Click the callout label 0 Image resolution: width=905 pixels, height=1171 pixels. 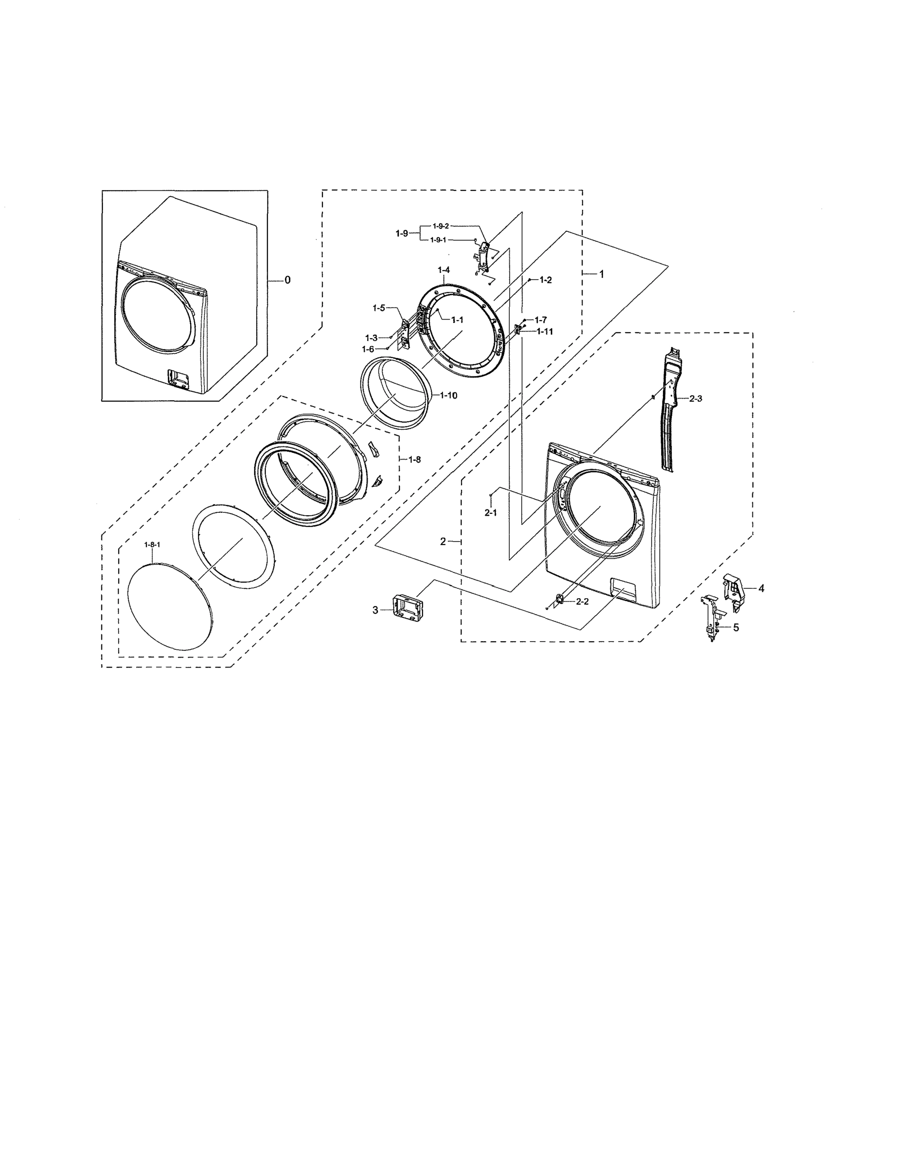click(287, 280)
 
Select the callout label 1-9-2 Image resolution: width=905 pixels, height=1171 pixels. click(441, 226)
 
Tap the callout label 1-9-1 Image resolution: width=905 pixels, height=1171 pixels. click(438, 240)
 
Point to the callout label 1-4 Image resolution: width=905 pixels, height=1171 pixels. click(443, 269)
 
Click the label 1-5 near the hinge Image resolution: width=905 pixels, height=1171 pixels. click(379, 308)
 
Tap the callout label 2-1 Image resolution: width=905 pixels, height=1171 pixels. click(491, 513)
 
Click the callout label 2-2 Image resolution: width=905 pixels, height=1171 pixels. click(582, 602)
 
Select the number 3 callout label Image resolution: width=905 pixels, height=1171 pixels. click(375, 610)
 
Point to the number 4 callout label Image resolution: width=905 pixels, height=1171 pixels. click(761, 588)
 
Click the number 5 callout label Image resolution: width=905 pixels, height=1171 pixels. click(736, 627)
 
